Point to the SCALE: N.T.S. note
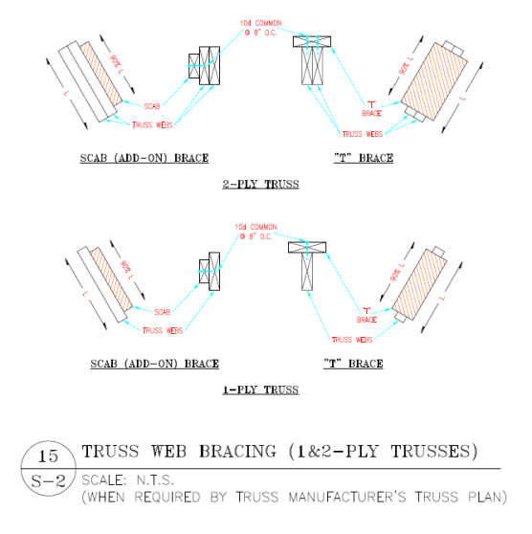(131, 479)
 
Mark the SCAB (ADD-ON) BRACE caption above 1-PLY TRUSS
(154, 364)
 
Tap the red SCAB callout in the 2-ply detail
(152, 105)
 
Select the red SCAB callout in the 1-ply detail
(162, 311)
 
